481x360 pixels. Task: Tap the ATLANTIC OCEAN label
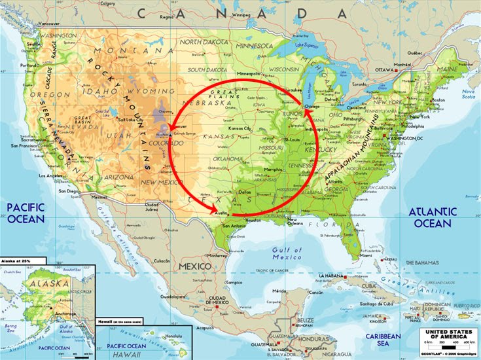pos(432,218)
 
